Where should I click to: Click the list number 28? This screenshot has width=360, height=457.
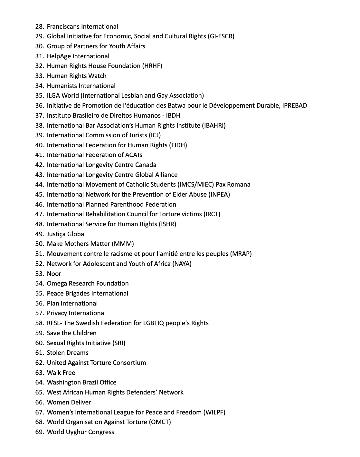39,27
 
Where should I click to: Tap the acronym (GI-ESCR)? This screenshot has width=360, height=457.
221,36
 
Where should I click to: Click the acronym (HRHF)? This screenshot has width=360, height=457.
152,66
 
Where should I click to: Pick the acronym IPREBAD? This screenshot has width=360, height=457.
294,106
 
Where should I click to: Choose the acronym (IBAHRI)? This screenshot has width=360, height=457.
214,126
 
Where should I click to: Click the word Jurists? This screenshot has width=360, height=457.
136,135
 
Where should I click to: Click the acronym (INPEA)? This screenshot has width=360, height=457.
219,195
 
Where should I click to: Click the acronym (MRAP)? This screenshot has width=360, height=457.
241,254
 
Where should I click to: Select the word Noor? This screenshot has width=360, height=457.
54,274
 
